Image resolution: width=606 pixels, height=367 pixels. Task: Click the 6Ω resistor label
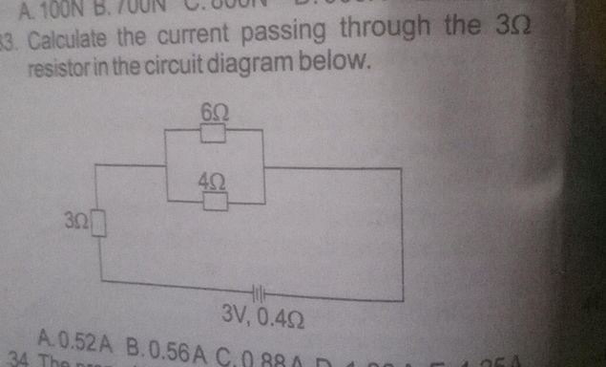pyautogui.click(x=214, y=113)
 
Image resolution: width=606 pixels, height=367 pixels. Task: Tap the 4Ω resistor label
pyautogui.click(x=213, y=180)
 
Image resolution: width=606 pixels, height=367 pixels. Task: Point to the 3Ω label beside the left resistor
pyautogui.click(x=78, y=222)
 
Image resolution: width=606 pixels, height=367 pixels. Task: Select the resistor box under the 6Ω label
pyautogui.click(x=214, y=132)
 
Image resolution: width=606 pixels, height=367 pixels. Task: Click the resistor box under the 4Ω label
pyautogui.click(x=216, y=200)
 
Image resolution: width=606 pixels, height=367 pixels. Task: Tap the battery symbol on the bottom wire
pyautogui.click(x=257, y=291)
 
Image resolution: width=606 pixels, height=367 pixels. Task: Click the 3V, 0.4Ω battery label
pyautogui.click(x=262, y=313)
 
